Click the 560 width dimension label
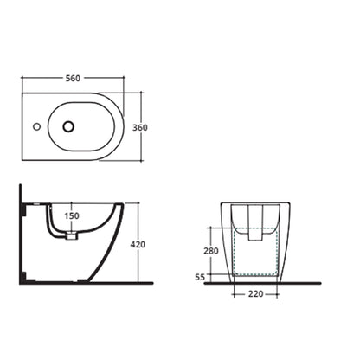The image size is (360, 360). coord(73,78)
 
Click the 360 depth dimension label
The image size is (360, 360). coord(140,127)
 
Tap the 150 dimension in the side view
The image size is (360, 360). coord(72,215)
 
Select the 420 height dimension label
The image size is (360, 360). coord(138,245)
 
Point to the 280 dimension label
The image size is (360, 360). coord(211,251)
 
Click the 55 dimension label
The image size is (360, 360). coord(200,277)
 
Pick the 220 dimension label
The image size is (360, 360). coord(255,294)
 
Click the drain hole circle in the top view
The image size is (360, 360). coord(68,126)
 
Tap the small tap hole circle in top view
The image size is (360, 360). coord(36,126)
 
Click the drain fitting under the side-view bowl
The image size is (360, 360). coord(72,235)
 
